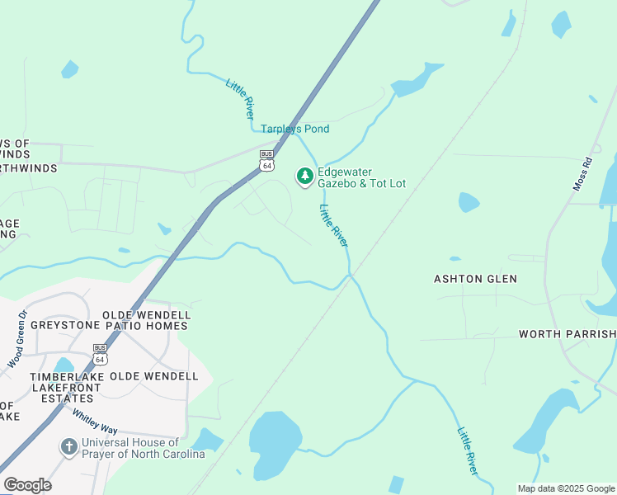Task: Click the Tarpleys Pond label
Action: [x=294, y=129]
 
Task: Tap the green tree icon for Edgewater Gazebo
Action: [x=305, y=177]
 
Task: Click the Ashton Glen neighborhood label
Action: [x=475, y=279]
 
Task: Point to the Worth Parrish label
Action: [x=567, y=334]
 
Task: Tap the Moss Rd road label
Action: [x=583, y=175]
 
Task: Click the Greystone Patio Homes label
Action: [x=109, y=325]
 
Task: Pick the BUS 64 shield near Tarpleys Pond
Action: [x=266, y=160]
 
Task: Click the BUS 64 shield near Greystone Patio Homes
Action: [x=101, y=354]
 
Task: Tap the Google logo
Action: [x=27, y=485]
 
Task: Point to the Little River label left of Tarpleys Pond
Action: [x=240, y=99]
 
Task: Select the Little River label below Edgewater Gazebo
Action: [x=334, y=224]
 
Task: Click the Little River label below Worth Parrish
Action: [x=468, y=450]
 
